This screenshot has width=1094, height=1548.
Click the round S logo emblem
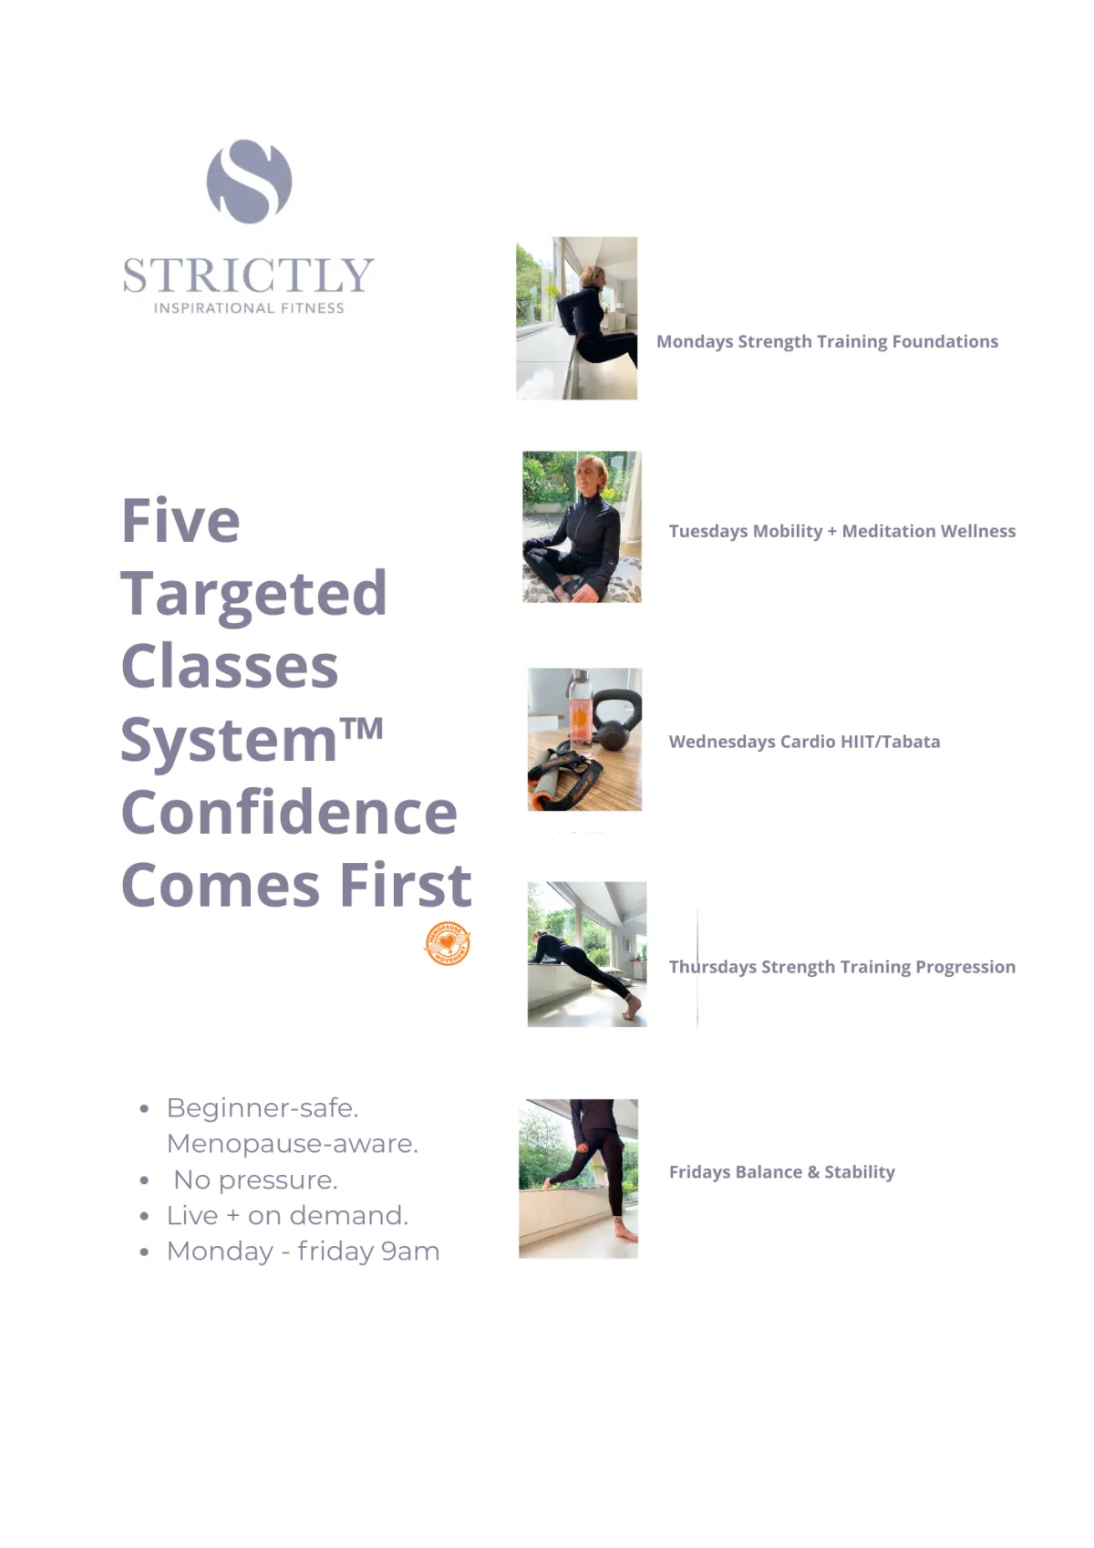(x=249, y=182)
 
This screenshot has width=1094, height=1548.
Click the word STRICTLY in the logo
(x=249, y=275)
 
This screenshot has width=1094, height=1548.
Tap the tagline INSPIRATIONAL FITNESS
(x=249, y=308)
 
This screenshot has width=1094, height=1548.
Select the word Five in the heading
(x=181, y=520)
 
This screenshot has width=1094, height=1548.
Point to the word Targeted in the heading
(x=253, y=596)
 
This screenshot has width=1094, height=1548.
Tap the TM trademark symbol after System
(x=362, y=728)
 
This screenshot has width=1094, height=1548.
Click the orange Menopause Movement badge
(x=448, y=942)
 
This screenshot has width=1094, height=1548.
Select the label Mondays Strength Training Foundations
(x=827, y=341)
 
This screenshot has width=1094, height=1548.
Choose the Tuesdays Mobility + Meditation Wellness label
(x=841, y=531)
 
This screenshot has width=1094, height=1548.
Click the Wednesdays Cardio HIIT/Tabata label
(x=804, y=742)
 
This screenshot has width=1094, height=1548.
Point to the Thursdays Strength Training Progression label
(x=841, y=967)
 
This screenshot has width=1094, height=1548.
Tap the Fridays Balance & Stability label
(x=782, y=1172)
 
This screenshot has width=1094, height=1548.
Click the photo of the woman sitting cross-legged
(x=582, y=526)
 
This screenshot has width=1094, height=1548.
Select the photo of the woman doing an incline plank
(x=587, y=953)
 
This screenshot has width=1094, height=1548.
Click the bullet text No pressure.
(x=255, y=1179)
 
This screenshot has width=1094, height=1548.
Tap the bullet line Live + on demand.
(x=287, y=1216)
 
